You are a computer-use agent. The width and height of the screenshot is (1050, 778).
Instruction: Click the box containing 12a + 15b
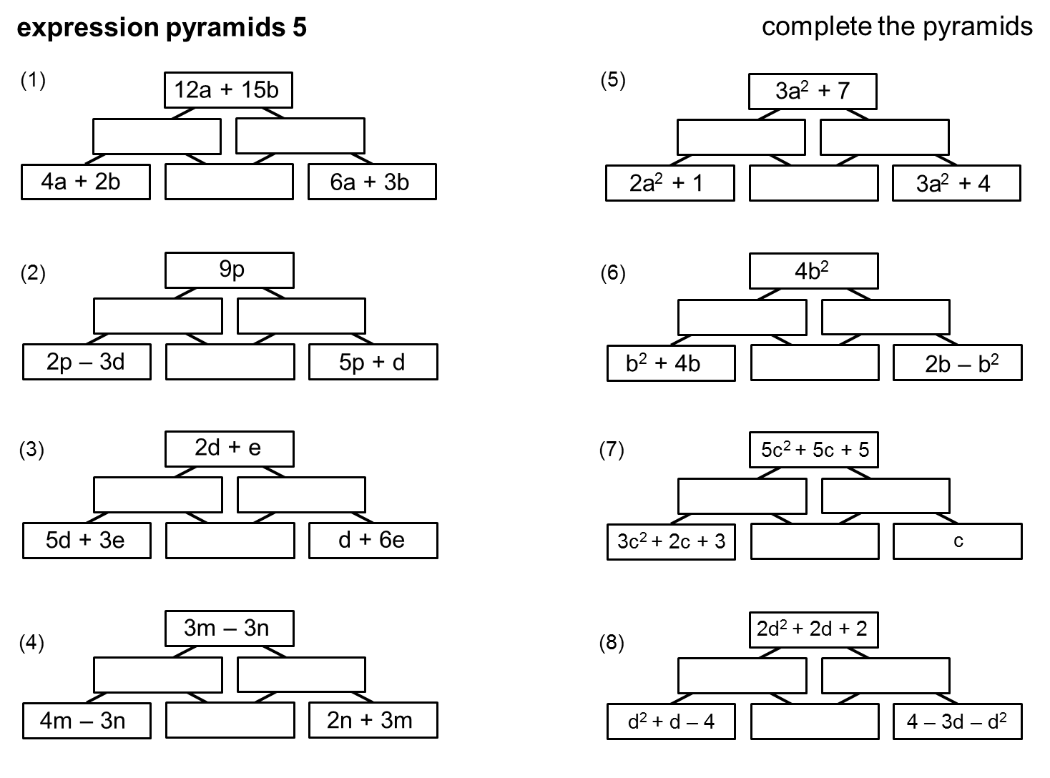pyautogui.click(x=227, y=91)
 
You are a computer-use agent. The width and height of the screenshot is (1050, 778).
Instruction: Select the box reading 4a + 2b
pyautogui.click(x=85, y=182)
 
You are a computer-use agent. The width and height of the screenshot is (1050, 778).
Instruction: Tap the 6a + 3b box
pyautogui.click(x=372, y=182)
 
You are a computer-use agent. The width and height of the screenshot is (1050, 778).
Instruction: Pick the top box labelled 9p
pyautogui.click(x=229, y=270)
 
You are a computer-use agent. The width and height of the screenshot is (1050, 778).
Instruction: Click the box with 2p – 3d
pyautogui.click(x=87, y=362)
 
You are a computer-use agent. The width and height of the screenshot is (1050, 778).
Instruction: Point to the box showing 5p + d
pyautogui.click(x=373, y=362)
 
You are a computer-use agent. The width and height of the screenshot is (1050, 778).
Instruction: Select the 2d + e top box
pyautogui.click(x=229, y=449)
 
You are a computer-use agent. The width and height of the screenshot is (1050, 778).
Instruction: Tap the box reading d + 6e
pyautogui.click(x=373, y=540)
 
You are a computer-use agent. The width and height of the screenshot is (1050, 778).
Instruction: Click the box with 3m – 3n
pyautogui.click(x=229, y=629)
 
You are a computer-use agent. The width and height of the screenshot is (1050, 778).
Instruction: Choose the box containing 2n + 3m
pyautogui.click(x=373, y=720)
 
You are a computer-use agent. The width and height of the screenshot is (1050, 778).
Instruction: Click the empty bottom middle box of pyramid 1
pyautogui.click(x=229, y=182)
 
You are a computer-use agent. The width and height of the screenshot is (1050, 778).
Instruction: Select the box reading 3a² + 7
pyautogui.click(x=813, y=92)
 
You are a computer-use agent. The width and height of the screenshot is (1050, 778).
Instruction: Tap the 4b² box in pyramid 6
pyautogui.click(x=813, y=271)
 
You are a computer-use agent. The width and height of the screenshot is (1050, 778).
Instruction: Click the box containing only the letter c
pyautogui.click(x=957, y=541)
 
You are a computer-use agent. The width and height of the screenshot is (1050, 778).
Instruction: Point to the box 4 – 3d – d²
pyautogui.click(x=957, y=722)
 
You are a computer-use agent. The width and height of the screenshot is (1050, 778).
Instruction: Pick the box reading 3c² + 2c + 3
pyautogui.click(x=671, y=541)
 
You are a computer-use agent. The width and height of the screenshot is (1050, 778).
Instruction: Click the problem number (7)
pyautogui.click(x=612, y=450)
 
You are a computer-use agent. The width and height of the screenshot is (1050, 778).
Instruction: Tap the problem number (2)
pyautogui.click(x=33, y=273)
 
